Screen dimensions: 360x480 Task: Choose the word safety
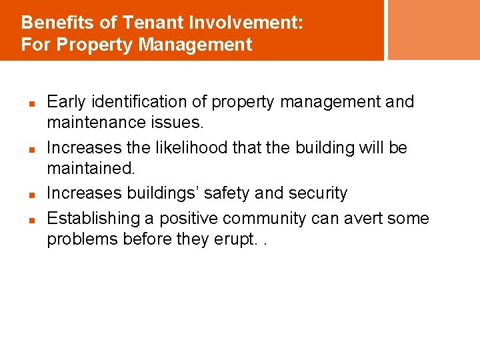click(227, 193)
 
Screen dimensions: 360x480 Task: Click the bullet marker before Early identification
click(31, 103)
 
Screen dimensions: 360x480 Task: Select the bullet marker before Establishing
click(31, 219)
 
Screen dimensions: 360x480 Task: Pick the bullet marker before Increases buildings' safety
click(31, 195)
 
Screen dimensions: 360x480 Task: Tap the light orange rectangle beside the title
click(433, 29)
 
